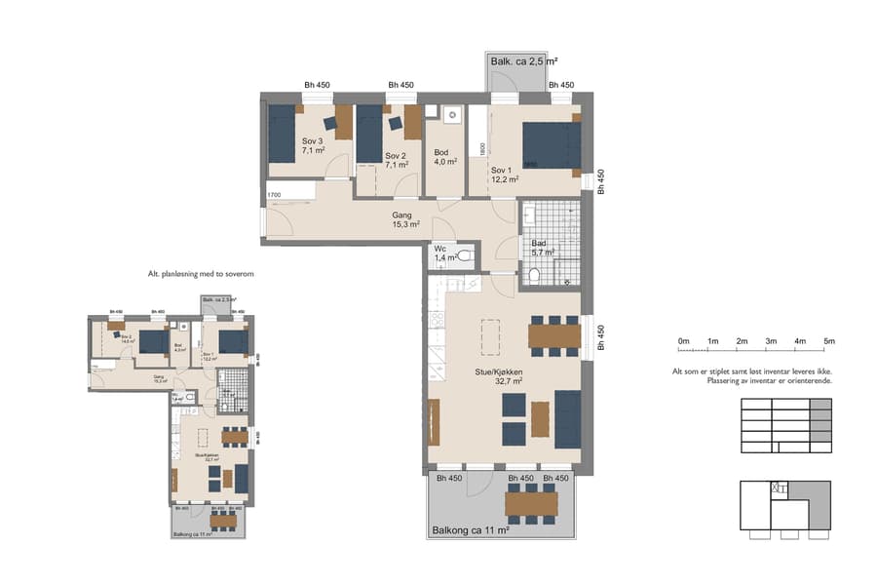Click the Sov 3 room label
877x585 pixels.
(313, 147)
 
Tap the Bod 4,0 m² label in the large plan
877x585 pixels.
(445, 157)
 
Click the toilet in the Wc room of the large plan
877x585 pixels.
(464, 256)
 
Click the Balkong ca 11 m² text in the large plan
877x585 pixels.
(471, 531)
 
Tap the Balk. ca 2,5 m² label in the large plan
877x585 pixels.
(523, 61)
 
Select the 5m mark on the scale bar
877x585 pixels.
(829, 341)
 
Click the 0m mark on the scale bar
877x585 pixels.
(684, 341)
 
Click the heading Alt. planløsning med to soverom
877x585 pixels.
(200, 275)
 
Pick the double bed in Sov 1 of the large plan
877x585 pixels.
(551, 145)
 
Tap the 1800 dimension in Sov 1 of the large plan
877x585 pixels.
(481, 147)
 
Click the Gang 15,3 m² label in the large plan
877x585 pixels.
(404, 219)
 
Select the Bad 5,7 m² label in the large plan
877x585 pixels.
(541, 248)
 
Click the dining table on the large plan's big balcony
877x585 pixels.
(531, 503)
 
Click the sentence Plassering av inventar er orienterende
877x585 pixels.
(769, 380)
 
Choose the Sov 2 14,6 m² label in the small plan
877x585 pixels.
(128, 338)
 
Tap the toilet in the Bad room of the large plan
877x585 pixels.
(537, 276)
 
